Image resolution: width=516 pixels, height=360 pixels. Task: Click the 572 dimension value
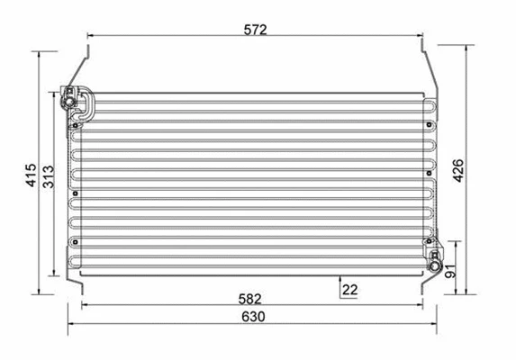pyautogui.click(x=255, y=29)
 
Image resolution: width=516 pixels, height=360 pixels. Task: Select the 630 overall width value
pyautogui.click(x=252, y=317)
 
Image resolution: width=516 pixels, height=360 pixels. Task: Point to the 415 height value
pyautogui.click(x=31, y=175)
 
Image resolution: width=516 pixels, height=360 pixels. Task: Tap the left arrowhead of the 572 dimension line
pyautogui.click(x=90, y=37)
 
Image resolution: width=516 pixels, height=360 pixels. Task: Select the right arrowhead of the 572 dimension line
pyautogui.click(x=419, y=37)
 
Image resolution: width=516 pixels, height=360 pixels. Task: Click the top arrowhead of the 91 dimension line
pyautogui.click(x=457, y=245)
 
